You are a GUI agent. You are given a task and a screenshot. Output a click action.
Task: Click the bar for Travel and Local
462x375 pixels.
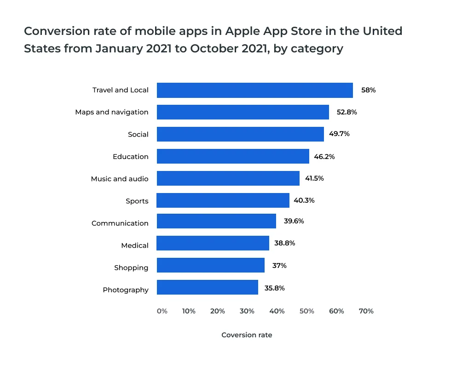click(x=254, y=90)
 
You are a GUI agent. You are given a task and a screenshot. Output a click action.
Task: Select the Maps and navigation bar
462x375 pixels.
click(x=243, y=112)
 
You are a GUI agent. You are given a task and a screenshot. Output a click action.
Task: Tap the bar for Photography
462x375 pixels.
click(x=207, y=288)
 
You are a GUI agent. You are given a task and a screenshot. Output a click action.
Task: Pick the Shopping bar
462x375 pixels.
click(x=210, y=266)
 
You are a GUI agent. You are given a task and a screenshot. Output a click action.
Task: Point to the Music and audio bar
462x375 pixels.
click(x=228, y=178)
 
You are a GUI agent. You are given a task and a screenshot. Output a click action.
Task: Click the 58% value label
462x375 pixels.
click(x=368, y=90)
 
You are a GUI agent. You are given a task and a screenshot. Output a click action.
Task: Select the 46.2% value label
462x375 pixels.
click(x=324, y=157)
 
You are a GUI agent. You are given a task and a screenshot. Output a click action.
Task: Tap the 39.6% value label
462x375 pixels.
click(x=294, y=221)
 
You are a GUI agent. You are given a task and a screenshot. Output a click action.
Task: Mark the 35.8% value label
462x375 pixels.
click(x=275, y=288)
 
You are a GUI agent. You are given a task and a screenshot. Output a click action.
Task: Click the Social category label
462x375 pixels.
click(x=138, y=135)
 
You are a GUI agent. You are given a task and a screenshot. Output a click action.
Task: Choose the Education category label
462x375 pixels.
click(x=131, y=157)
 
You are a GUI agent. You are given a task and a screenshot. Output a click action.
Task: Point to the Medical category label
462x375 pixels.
click(x=135, y=245)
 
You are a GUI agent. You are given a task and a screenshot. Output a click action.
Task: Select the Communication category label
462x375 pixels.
click(x=120, y=223)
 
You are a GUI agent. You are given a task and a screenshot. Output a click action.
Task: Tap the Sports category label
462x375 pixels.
click(x=137, y=201)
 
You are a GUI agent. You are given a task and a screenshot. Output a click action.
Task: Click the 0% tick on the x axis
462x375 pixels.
click(x=162, y=311)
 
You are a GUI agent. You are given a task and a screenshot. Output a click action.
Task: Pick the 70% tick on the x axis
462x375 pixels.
click(x=366, y=311)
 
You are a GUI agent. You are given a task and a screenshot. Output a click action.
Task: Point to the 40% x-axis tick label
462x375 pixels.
click(x=277, y=311)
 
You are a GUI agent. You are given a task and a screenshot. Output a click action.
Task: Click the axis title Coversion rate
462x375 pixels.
click(x=247, y=335)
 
